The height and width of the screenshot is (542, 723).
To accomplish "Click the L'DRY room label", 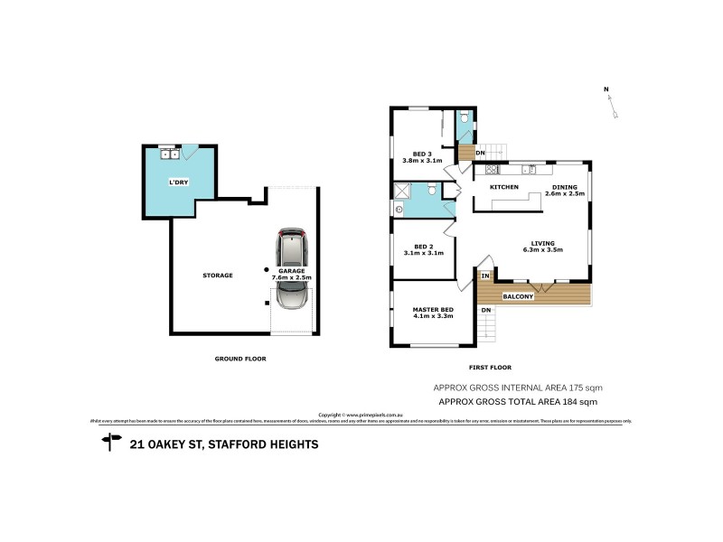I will click(178, 182).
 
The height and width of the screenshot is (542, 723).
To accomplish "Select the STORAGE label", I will click(218, 275).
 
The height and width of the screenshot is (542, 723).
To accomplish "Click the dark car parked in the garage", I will click(292, 249).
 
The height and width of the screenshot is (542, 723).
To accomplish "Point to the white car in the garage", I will click(292, 294).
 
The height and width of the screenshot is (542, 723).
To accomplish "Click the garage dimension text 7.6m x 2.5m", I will click(291, 277).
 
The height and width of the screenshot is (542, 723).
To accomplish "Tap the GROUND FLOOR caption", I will click(239, 359).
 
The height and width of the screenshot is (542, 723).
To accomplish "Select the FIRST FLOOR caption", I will click(490, 368).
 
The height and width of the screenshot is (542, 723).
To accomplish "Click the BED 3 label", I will click(422, 154).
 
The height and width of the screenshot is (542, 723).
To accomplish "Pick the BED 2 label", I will click(422, 247).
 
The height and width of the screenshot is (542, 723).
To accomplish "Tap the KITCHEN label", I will click(503, 187).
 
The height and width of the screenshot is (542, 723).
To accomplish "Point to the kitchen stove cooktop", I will click(493, 169).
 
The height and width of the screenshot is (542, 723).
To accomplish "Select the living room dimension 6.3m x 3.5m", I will click(542, 249).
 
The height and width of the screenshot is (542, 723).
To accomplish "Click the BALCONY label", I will click(518, 295).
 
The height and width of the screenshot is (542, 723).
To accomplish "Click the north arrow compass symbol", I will click(612, 104).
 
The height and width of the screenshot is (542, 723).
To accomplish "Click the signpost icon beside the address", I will click(112, 443).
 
